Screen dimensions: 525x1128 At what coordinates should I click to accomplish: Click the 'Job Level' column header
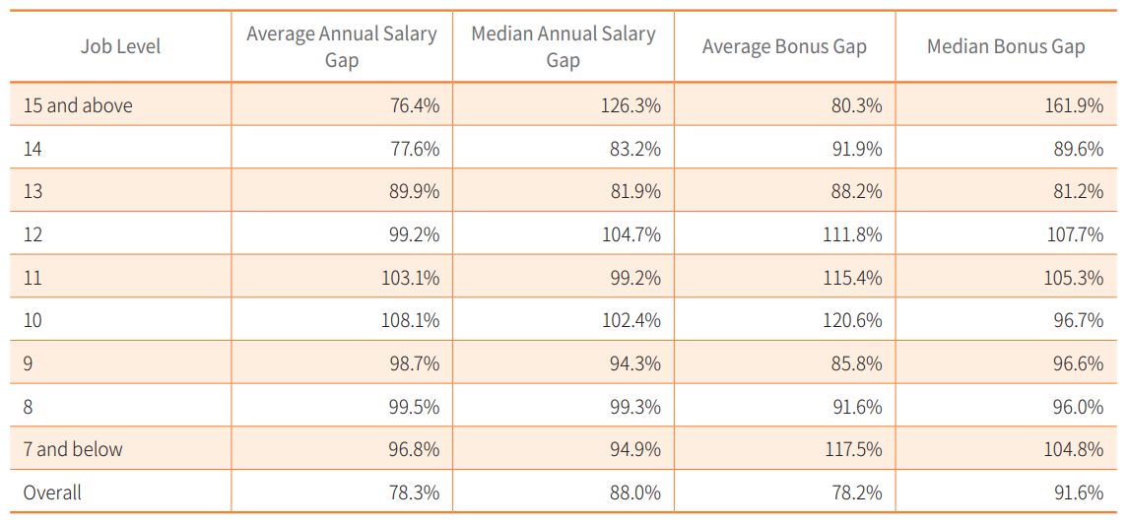pyautogui.click(x=120, y=46)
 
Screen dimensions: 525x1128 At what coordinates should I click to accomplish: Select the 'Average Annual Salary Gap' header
pyautogui.click(x=341, y=46)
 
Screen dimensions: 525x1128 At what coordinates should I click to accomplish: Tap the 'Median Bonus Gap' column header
pyautogui.click(x=1006, y=46)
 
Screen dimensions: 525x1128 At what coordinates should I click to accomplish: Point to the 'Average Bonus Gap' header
pyautogui.click(x=784, y=46)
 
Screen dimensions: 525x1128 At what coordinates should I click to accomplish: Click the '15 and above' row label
pyautogui.click(x=78, y=105)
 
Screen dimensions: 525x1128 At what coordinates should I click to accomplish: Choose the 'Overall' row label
pyautogui.click(x=52, y=492)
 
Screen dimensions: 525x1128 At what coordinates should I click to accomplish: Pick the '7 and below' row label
pyautogui.click(x=73, y=449)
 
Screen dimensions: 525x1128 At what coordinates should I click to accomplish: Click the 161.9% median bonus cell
pyautogui.click(x=1074, y=105)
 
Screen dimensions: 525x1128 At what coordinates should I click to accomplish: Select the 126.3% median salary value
pyautogui.click(x=630, y=105)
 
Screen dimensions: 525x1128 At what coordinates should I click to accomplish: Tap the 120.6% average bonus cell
pyautogui.click(x=853, y=320)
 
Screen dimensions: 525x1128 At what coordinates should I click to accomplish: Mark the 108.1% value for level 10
pyautogui.click(x=410, y=320)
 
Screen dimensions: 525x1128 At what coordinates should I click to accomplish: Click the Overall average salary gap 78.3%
pyautogui.click(x=414, y=492)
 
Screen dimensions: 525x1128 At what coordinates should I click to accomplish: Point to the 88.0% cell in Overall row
pyautogui.click(x=635, y=492)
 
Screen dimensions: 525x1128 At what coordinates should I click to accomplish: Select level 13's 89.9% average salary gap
pyautogui.click(x=414, y=191)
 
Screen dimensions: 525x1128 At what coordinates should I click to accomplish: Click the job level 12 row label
pyautogui.click(x=33, y=234)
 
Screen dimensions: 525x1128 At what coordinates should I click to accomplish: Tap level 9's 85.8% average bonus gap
pyautogui.click(x=857, y=363)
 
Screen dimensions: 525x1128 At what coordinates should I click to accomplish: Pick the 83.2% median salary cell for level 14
pyautogui.click(x=635, y=149)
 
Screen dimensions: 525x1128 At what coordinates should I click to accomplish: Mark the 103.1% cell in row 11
pyautogui.click(x=410, y=278)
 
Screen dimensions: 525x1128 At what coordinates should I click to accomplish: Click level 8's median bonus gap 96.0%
pyautogui.click(x=1078, y=407)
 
